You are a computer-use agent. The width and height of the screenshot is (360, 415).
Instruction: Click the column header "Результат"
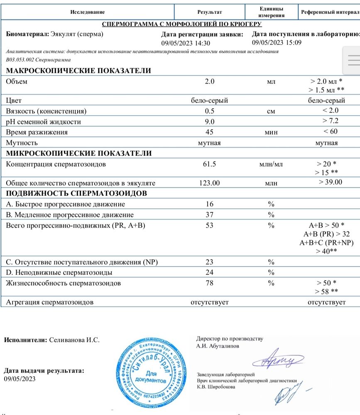click(210, 12)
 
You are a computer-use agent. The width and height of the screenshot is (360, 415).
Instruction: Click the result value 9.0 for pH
click(210, 122)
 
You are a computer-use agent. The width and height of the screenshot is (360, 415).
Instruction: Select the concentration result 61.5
click(210, 164)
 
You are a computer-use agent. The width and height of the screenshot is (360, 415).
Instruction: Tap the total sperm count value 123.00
click(210, 183)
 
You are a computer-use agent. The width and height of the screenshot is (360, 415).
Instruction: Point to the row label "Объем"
click(16, 81)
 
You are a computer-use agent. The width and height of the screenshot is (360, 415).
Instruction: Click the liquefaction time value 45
click(210, 132)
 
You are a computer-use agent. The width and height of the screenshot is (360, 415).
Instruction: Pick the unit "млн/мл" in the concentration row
click(271, 164)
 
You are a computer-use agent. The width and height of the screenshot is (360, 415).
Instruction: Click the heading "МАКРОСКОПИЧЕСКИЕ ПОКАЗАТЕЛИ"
click(78, 71)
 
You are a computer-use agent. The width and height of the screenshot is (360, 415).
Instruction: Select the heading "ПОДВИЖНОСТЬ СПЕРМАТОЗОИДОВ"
click(76, 193)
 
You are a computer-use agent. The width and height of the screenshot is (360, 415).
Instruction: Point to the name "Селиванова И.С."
click(74, 340)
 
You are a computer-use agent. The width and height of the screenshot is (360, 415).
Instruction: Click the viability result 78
click(210, 283)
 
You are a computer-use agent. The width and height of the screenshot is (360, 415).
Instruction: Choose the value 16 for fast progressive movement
click(210, 204)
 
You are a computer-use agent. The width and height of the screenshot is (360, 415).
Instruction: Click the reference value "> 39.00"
click(331, 182)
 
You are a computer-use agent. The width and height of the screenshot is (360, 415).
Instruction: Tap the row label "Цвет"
click(14, 100)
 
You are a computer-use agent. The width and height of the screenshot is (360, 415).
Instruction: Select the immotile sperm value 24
click(210, 273)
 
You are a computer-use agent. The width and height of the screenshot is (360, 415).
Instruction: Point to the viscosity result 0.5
click(210, 111)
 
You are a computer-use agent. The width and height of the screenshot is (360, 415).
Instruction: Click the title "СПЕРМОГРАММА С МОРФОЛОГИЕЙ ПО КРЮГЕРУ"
click(181, 24)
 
